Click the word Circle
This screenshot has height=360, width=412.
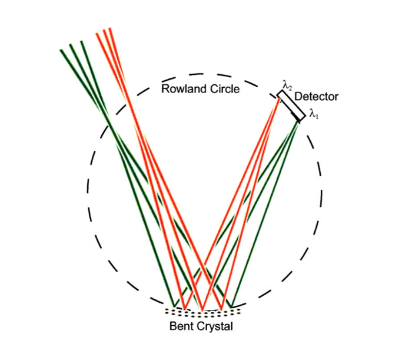224,90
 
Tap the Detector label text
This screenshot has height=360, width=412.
316,97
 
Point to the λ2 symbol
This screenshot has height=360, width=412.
287,86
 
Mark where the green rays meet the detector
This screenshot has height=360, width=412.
299,121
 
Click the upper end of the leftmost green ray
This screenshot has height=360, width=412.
61,50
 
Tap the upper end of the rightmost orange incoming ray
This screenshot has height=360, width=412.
110,28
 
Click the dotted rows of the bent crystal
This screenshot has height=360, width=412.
201,312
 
